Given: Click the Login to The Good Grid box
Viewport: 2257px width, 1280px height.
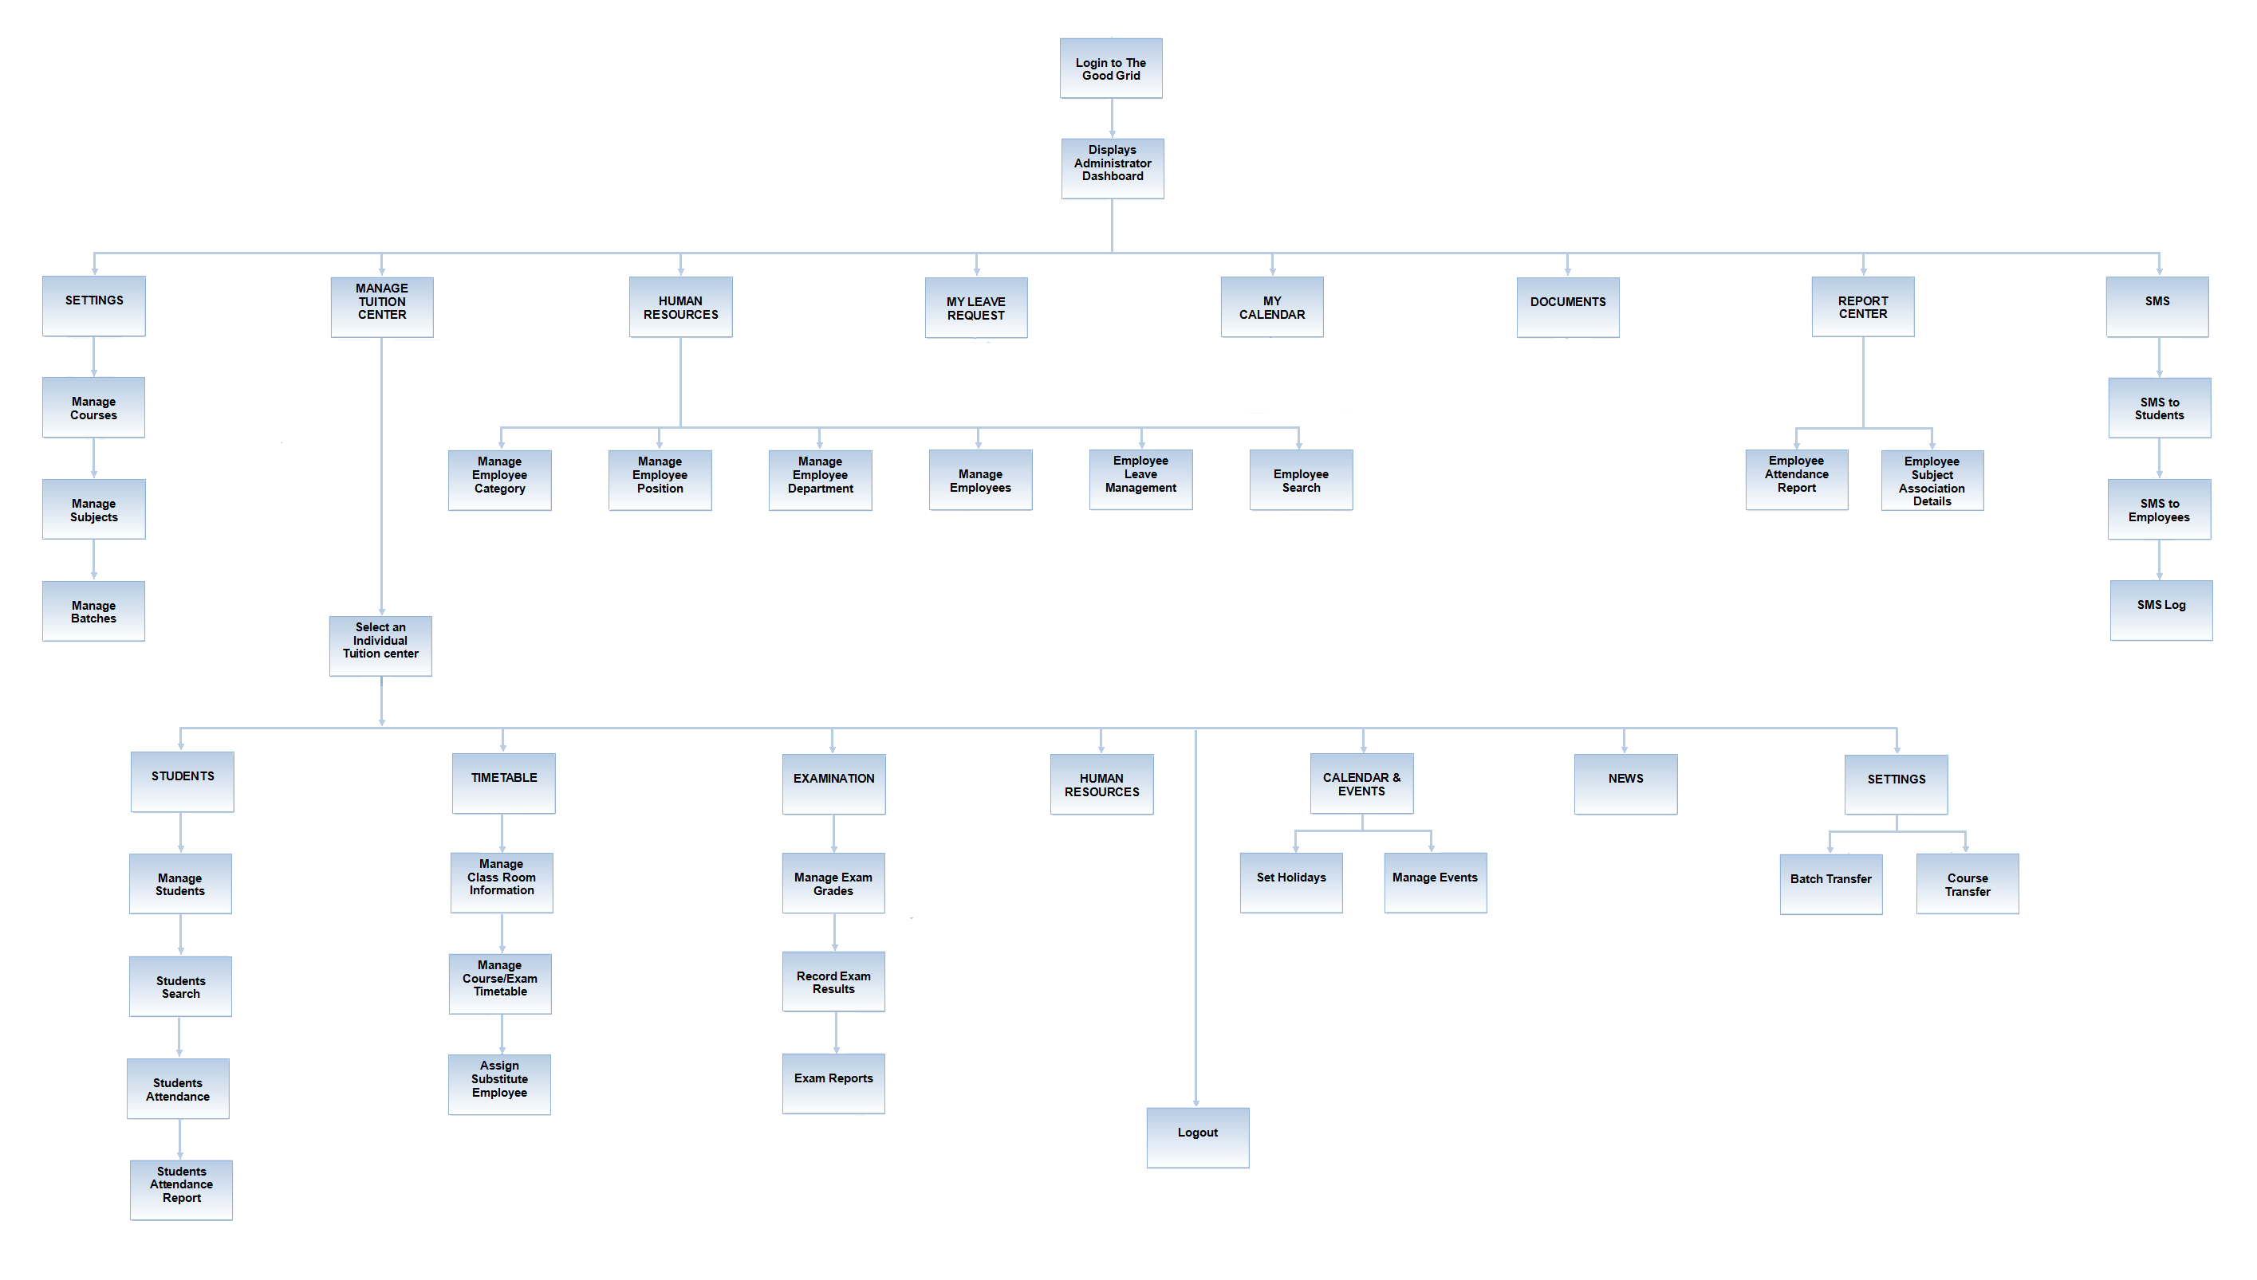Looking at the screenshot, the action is pos(1110,69).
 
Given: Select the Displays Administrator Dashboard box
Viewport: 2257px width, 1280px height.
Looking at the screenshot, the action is pos(1112,169).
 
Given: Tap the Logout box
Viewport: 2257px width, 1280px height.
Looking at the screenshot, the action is pos(1197,1137).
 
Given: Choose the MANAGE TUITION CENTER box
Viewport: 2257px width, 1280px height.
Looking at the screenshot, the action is pos(382,307).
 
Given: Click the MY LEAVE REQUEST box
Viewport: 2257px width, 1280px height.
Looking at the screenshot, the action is pos(975,308).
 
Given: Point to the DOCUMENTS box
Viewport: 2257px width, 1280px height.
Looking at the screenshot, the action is pos(1567,308).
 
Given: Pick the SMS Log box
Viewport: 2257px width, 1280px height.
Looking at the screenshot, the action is pos(2160,610).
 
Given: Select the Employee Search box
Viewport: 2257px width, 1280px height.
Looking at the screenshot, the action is pos(1301,480).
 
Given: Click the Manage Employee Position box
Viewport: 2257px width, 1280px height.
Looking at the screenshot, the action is pos(660,480).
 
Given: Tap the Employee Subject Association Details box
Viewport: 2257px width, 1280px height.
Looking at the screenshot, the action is pos(1932,480).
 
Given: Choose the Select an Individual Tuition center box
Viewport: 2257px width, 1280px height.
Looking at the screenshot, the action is pos(380,646).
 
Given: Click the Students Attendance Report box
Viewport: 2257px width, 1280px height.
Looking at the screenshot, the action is pos(181,1189).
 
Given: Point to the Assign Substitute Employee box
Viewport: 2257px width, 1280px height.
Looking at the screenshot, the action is pos(499,1085).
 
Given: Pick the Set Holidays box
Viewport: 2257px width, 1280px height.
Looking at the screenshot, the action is pos(1291,882).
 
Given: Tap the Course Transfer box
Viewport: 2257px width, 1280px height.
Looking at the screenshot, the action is pos(1967,884).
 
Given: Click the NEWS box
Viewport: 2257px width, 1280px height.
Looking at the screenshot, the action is pos(1625,784).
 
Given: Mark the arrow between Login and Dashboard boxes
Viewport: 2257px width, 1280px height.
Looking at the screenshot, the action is pos(1112,119).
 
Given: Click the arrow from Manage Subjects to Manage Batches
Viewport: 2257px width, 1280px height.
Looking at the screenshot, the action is pos(94,560).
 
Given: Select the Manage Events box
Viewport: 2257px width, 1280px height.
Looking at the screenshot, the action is pos(1436,882).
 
